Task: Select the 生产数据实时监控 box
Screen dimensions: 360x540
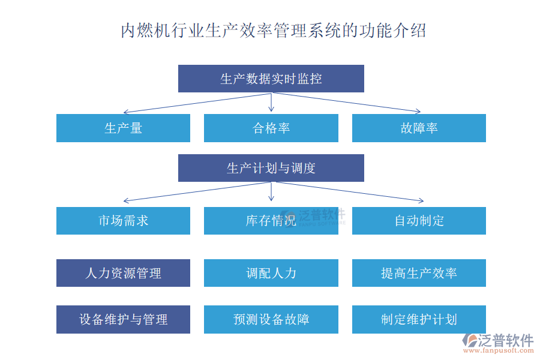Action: coord(271,79)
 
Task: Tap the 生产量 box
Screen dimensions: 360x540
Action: coord(123,128)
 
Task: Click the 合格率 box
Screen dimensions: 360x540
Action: coord(271,128)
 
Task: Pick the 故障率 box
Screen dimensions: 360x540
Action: coord(419,128)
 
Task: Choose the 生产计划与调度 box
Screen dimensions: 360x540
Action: coord(271,168)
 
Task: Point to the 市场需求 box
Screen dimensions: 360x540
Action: coord(123,221)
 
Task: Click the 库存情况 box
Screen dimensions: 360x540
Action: coord(271,221)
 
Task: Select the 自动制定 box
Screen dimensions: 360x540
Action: coord(419,221)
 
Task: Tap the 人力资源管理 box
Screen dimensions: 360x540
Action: coord(123,273)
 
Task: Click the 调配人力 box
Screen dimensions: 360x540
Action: coord(271,273)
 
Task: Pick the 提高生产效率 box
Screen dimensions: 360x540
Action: coord(419,273)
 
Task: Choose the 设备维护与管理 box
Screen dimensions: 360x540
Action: coord(123,319)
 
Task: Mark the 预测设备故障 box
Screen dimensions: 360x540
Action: coord(271,319)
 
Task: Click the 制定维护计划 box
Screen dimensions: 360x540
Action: coord(419,319)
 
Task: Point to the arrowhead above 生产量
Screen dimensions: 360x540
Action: coord(125,112)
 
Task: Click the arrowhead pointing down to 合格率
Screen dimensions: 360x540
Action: coord(271,109)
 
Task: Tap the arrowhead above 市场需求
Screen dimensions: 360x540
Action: coord(125,200)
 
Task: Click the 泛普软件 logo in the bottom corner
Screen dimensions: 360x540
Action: coord(497,343)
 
